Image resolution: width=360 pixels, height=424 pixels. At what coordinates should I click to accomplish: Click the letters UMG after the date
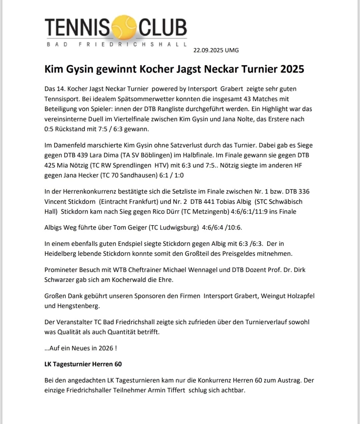pyautogui.click(x=232, y=50)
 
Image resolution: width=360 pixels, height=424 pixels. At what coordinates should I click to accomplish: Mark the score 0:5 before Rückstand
pyautogui.click(x=49, y=129)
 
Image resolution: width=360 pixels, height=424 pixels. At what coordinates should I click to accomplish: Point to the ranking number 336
pyautogui.click(x=304, y=191)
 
